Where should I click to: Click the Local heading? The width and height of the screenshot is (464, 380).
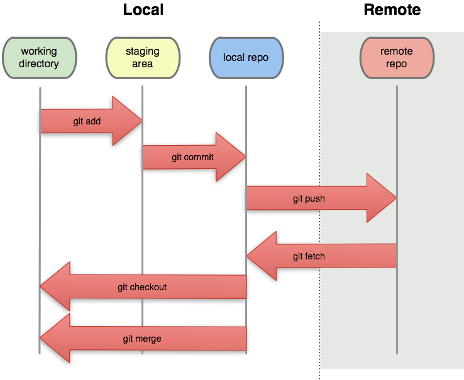point(143,10)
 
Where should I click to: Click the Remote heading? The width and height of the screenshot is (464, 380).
point(392,10)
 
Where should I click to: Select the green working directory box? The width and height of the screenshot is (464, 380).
point(40,58)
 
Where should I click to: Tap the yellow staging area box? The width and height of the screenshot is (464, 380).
point(143,58)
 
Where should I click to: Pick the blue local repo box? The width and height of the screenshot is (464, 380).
point(246,58)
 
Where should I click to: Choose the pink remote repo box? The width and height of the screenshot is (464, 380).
point(397,58)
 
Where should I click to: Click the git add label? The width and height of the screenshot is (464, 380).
point(87,121)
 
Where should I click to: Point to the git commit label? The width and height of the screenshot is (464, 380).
point(192,157)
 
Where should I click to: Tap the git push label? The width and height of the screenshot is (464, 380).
point(309,198)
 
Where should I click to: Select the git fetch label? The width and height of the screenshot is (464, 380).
point(309,256)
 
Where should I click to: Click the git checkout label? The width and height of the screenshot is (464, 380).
point(142,287)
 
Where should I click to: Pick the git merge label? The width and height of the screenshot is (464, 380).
point(142,339)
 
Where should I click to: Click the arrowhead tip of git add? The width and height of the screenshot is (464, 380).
point(141,121)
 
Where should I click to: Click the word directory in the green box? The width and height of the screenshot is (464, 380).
point(39,64)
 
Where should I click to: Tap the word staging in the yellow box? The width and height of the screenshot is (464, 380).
point(143,52)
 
